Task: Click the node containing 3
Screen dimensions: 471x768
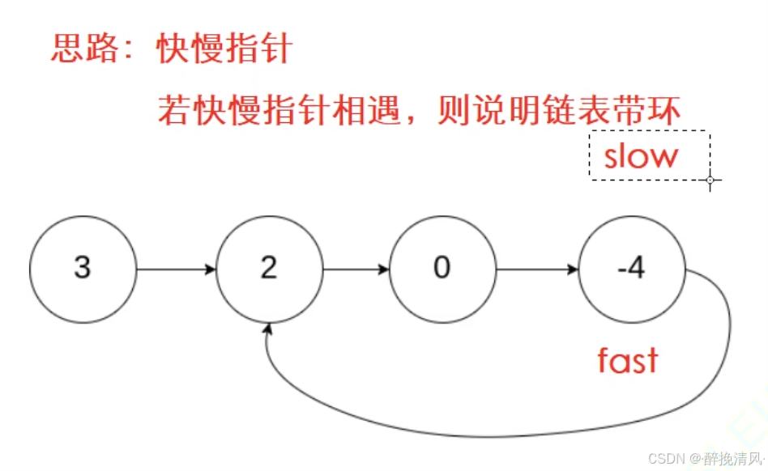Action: pos(83,269)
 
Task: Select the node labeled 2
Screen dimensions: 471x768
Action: pos(269,269)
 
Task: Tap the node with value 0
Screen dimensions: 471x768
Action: pos(442,269)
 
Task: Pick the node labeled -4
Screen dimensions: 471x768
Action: pos(632,269)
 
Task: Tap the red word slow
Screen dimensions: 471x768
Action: pos(640,156)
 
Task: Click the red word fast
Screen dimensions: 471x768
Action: pos(627,361)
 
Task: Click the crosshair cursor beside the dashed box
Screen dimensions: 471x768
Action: pos(710,180)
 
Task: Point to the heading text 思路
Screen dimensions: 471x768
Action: pos(75,50)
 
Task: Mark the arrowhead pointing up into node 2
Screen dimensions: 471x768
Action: pos(268,330)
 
